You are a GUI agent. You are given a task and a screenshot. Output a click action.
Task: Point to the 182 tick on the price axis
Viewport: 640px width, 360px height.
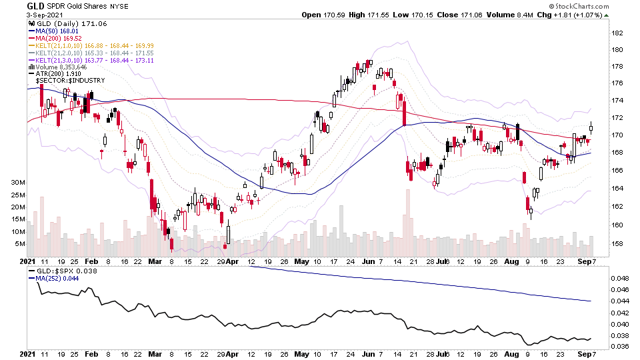coord(617,32)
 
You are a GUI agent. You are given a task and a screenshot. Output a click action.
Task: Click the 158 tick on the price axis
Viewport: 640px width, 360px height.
coord(617,243)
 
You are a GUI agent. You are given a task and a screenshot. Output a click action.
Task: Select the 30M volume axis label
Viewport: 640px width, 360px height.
coord(17,183)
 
